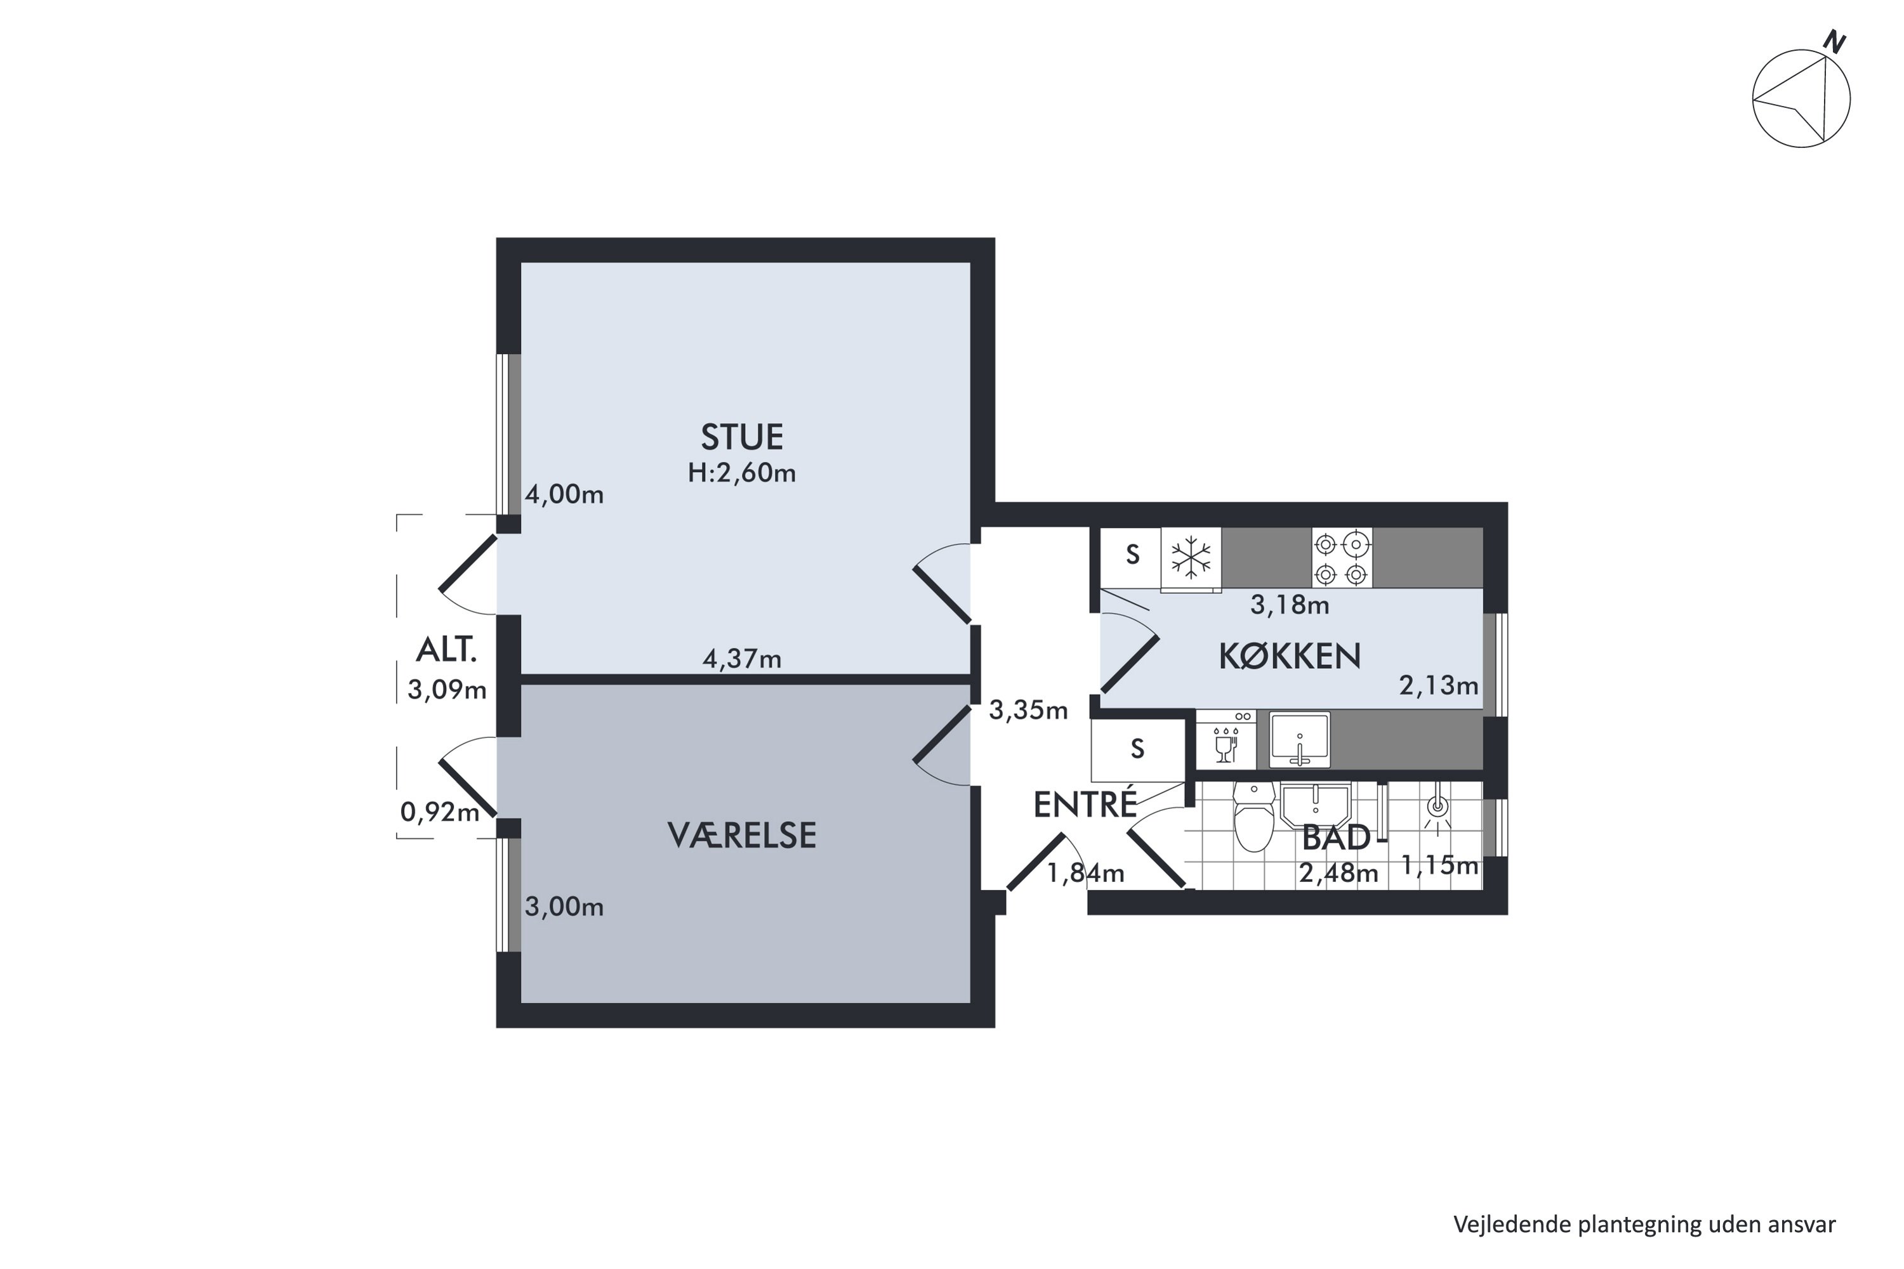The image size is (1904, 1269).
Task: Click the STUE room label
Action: point(741,437)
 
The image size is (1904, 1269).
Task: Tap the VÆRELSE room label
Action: point(741,836)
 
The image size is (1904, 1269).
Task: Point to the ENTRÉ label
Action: point(1085,805)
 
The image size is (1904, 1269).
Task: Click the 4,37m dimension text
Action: point(741,660)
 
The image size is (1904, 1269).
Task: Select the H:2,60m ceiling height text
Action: point(741,473)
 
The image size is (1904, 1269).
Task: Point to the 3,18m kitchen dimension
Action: point(1290,605)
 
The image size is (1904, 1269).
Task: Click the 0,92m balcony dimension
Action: point(440,812)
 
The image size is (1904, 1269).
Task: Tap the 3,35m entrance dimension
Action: point(1028,711)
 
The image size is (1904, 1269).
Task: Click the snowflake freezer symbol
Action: point(1191,558)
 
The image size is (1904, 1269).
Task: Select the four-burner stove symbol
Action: point(1342,558)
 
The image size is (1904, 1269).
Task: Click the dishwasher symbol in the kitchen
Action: point(1226,740)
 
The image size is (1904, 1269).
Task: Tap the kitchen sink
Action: point(1299,740)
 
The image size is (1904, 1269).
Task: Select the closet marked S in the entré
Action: point(1137,749)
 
